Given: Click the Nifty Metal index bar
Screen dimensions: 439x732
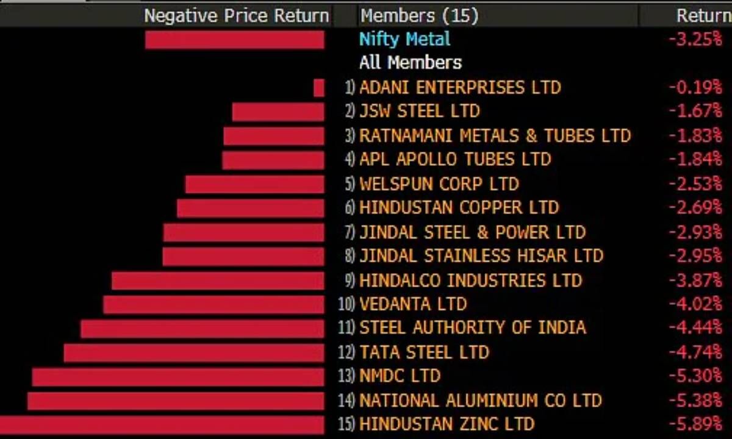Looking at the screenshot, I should point(235,40).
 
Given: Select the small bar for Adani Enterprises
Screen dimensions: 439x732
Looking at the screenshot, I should point(319,88).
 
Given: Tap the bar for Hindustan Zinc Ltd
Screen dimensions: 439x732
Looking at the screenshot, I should point(162,424).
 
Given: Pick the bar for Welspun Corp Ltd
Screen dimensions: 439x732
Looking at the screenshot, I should point(254,184).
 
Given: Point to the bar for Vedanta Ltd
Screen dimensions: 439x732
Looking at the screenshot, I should point(213,304).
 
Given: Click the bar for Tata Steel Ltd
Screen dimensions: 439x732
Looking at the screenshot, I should point(194,352).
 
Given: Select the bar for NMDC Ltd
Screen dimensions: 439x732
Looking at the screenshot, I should point(178,377).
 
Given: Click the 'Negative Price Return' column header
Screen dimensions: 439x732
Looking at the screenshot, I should point(236,15).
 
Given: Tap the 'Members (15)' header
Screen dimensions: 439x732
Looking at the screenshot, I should point(419,15).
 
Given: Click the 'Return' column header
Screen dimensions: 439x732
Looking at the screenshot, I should point(703,15).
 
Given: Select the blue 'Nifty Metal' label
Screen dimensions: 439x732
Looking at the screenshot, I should point(404,40).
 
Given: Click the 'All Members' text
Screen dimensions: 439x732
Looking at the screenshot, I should point(410,63).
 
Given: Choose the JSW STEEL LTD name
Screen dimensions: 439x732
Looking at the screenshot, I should point(419,112).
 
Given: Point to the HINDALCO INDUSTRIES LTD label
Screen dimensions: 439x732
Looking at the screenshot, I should point(470,280).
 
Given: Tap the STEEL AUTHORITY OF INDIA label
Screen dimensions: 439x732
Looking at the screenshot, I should point(472,328).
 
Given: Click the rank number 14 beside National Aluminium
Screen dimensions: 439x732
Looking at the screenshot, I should point(346,401).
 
